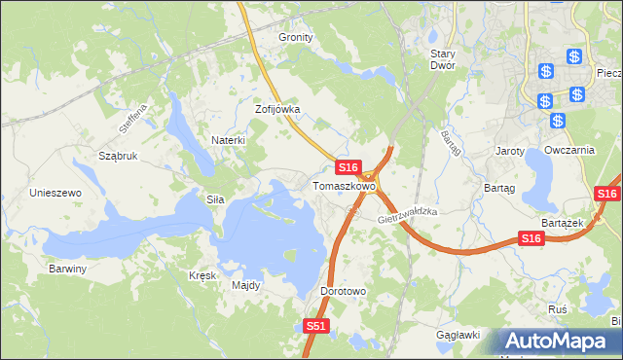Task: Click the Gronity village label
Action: (x=296, y=37)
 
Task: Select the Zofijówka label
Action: (x=277, y=110)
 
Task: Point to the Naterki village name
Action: (x=229, y=140)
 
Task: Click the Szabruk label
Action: (x=118, y=156)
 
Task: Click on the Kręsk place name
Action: (x=202, y=275)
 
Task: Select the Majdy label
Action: (x=245, y=286)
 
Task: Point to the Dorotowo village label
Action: (x=343, y=291)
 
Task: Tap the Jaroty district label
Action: (x=510, y=152)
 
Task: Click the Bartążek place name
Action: (x=561, y=223)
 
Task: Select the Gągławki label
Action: (x=459, y=335)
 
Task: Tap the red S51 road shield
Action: (x=315, y=327)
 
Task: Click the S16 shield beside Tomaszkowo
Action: (x=350, y=168)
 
